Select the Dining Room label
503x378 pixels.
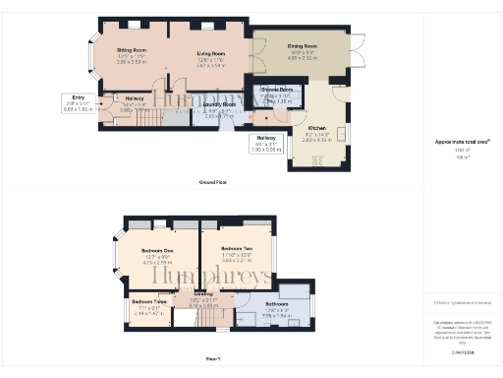303,45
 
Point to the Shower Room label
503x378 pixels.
279,89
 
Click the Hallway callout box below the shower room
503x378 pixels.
266,143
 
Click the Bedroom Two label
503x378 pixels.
237,248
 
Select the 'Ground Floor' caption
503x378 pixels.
214,182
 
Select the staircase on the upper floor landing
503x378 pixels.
185,317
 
